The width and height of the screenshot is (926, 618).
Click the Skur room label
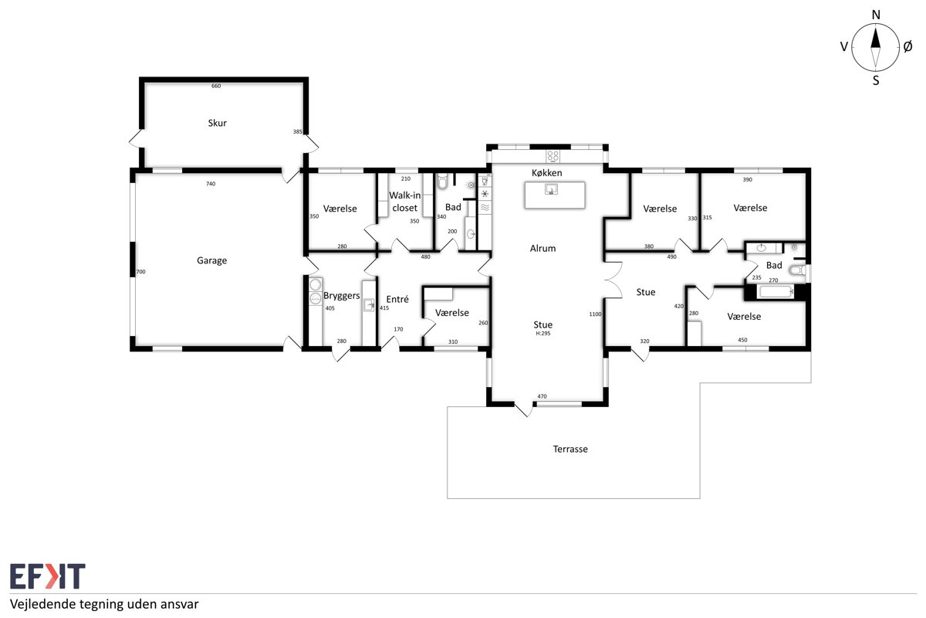click(217, 123)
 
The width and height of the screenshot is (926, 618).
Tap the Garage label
click(211, 261)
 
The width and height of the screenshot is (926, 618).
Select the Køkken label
click(546, 172)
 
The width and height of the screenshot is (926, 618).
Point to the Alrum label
click(542, 249)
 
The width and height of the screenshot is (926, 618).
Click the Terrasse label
click(570, 449)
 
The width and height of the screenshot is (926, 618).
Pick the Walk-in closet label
click(404, 202)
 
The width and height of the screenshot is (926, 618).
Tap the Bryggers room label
click(341, 296)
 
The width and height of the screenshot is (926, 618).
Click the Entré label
click(397, 299)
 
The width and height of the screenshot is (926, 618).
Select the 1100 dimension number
click(595, 314)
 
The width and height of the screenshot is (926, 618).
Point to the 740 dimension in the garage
click(211, 184)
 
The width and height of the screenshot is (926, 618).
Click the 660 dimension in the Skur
click(216, 86)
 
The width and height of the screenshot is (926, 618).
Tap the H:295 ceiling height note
click(542, 333)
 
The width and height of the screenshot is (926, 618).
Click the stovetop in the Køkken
click(553, 157)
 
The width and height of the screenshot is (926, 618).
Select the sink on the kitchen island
click(551, 189)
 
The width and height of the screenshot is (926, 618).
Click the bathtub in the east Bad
click(775, 292)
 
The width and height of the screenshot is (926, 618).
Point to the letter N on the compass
click(876, 15)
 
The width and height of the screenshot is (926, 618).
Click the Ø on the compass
click(907, 47)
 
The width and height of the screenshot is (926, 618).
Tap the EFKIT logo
click(48, 576)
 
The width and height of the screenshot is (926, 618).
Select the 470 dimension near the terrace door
click(542, 396)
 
